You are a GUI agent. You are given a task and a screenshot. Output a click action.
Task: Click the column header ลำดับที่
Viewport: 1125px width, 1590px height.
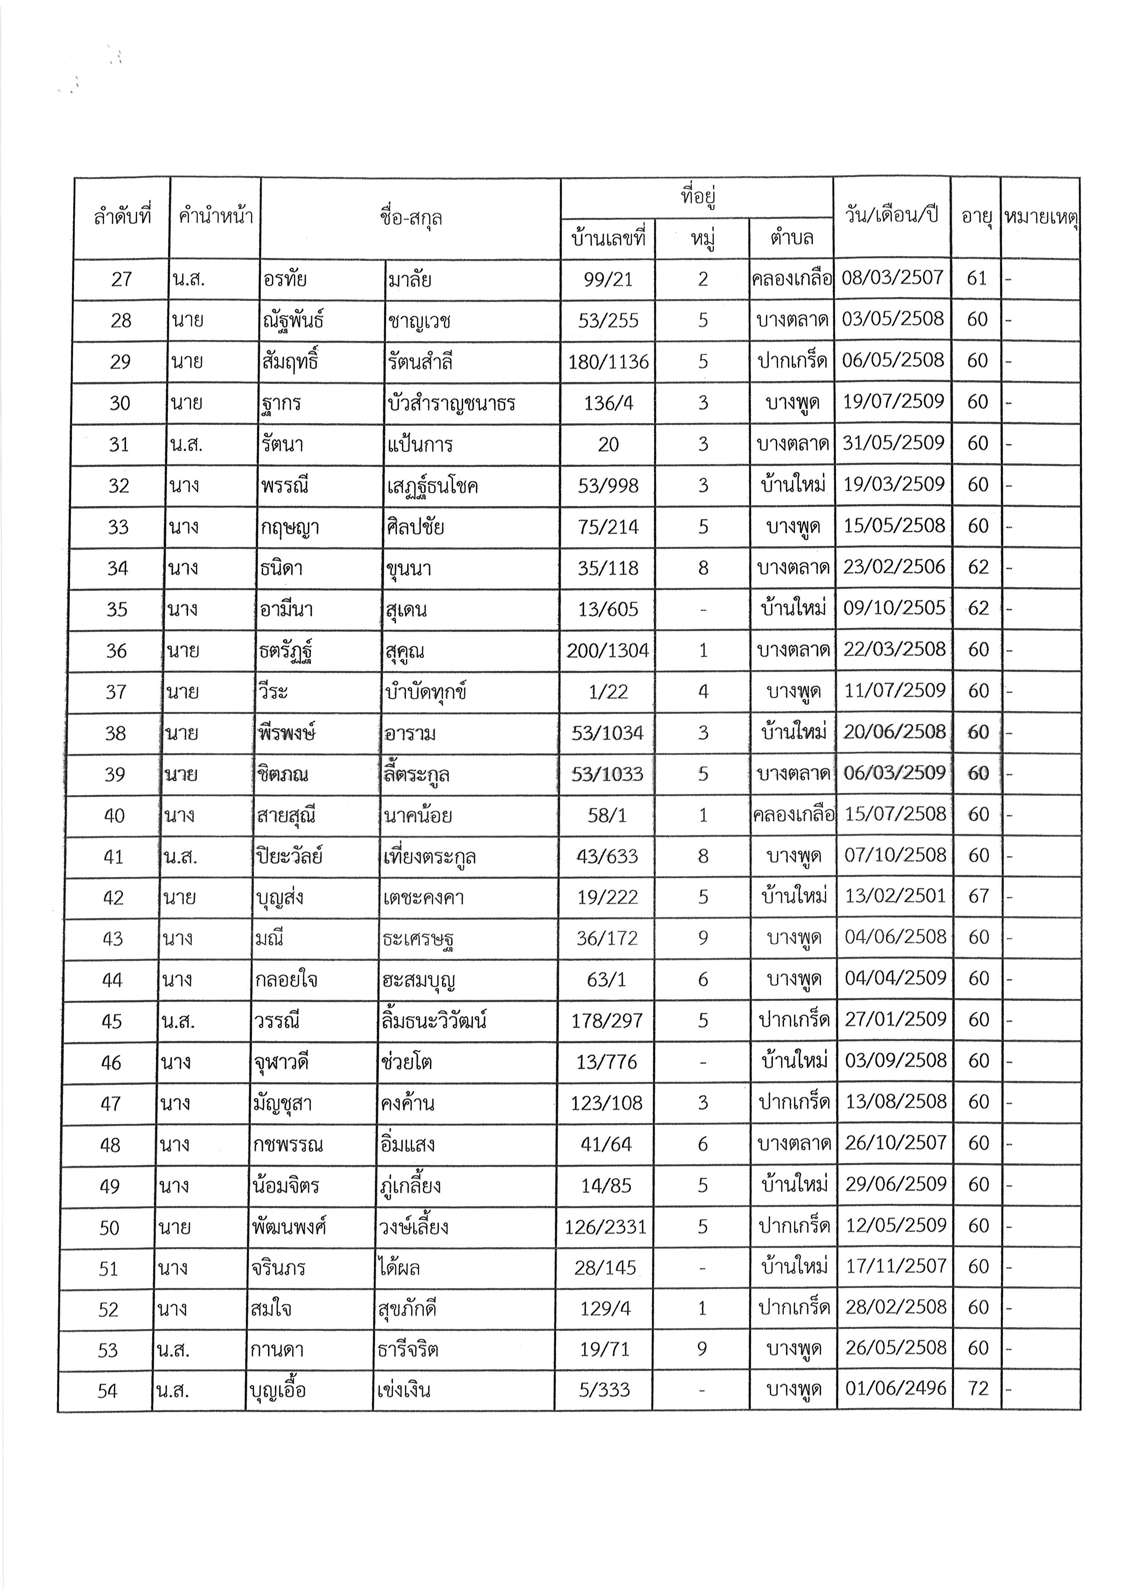(122, 218)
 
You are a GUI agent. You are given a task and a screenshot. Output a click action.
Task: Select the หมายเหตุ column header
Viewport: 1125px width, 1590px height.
(1041, 218)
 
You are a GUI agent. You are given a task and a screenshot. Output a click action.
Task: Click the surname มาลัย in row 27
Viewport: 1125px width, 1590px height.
(410, 280)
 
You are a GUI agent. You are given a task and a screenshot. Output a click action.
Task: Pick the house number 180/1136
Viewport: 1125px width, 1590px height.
(608, 361)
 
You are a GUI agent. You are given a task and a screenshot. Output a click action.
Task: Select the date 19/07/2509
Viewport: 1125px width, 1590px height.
(893, 402)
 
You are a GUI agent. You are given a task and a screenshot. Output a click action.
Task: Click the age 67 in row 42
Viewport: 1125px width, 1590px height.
(978, 896)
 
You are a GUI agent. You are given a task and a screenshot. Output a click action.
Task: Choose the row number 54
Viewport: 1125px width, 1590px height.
(108, 1391)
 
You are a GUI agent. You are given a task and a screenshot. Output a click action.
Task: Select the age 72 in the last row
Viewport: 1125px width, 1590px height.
(978, 1389)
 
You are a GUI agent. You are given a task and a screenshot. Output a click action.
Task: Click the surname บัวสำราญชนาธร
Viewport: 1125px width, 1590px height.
(451, 403)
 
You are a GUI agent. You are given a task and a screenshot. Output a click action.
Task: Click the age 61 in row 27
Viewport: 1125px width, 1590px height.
(977, 278)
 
